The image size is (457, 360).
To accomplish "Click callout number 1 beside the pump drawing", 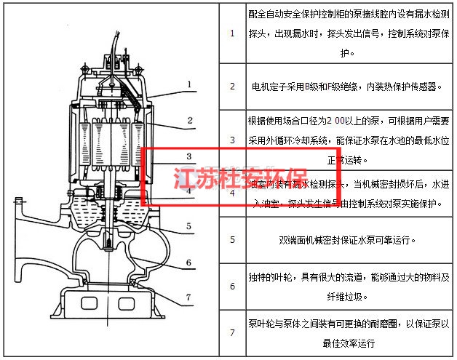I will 188,85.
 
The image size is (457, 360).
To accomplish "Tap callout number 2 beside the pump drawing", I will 188,120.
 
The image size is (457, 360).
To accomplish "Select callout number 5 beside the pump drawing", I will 188,226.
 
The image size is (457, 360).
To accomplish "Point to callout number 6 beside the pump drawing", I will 188,263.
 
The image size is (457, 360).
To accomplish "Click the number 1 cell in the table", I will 232,33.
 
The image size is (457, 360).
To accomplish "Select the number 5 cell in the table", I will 232,239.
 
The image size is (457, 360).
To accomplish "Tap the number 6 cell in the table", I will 232,287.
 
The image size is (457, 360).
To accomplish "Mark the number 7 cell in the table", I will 232,333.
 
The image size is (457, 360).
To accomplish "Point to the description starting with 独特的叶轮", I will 346,287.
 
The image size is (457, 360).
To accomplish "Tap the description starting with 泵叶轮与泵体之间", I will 346,333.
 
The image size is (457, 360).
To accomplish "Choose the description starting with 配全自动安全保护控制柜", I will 346,33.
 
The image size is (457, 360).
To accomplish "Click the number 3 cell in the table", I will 232,139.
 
